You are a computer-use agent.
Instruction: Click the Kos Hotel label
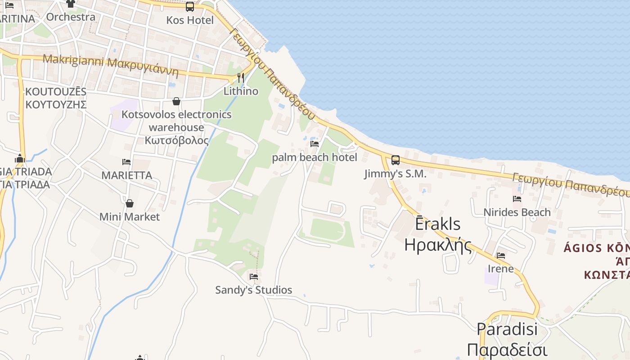(190, 20)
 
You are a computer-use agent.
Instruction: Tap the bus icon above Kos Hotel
(190, 7)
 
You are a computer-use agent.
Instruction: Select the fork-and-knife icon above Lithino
(241, 78)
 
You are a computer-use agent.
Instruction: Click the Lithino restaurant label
(241, 91)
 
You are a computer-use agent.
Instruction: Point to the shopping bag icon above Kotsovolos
(176, 101)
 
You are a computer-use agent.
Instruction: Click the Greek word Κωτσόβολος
(177, 140)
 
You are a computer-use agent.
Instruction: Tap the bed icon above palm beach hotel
(315, 144)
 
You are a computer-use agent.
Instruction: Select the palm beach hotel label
(315, 157)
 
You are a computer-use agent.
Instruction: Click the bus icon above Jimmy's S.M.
(395, 160)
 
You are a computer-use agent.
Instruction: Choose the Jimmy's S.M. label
(395, 174)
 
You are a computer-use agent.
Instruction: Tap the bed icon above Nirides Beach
(517, 198)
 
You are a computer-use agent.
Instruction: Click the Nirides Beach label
(517, 212)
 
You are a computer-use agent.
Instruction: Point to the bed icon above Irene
(501, 256)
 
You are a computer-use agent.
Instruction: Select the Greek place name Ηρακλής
(438, 245)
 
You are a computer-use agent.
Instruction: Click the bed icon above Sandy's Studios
(254, 276)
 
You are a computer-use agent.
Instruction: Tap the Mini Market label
(130, 217)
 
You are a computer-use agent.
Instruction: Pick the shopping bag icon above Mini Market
(130, 203)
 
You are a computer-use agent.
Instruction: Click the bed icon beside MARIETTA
(126, 162)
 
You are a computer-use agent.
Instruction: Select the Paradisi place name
(507, 329)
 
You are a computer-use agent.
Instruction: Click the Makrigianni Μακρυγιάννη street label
(111, 65)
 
